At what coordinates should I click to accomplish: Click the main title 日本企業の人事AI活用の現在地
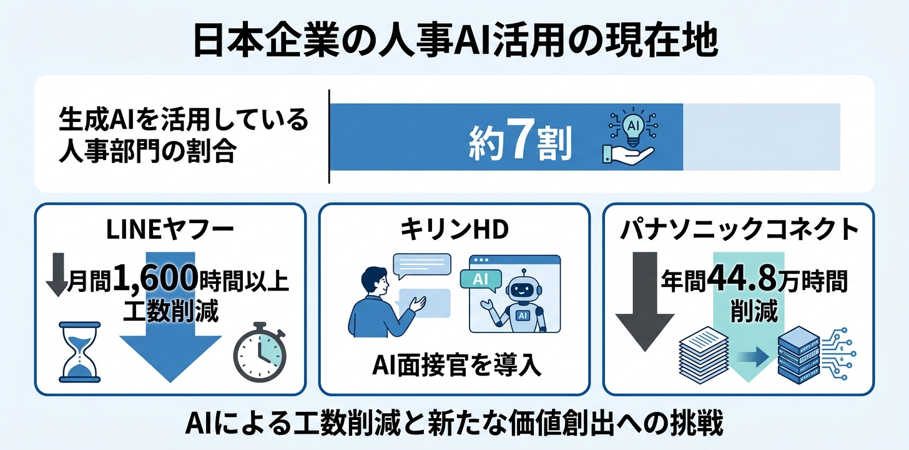[455, 42]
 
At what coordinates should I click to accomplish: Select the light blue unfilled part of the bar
[761, 137]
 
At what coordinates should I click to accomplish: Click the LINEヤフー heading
[170, 230]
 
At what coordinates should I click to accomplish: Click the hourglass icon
[79, 352]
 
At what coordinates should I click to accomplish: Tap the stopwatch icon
[260, 352]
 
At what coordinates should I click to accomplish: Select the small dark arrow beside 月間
[57, 274]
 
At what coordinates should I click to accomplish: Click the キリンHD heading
[454, 229]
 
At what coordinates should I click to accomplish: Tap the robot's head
[523, 287]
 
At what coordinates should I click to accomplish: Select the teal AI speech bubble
[481, 280]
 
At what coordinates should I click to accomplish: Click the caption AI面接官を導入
[456, 365]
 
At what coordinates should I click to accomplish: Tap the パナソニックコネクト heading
[739, 229]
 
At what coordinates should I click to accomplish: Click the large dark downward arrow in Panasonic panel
[645, 301]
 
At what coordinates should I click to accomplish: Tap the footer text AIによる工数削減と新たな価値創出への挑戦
[454, 424]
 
